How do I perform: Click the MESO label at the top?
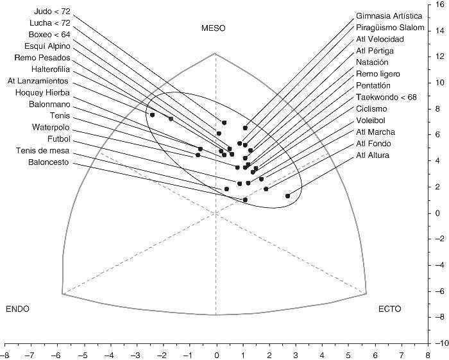(214, 28)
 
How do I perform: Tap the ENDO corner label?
(18, 309)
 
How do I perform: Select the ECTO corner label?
(389, 309)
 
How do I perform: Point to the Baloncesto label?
(49, 162)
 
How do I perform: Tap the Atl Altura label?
(373, 155)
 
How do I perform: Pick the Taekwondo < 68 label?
(387, 98)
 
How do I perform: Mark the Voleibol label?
(371, 120)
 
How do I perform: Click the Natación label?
(372, 63)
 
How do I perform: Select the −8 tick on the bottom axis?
(5, 354)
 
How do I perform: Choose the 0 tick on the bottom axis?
(216, 354)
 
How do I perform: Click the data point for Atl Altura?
(287, 196)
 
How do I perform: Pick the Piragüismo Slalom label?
(390, 28)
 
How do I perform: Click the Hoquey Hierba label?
(46, 92)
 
